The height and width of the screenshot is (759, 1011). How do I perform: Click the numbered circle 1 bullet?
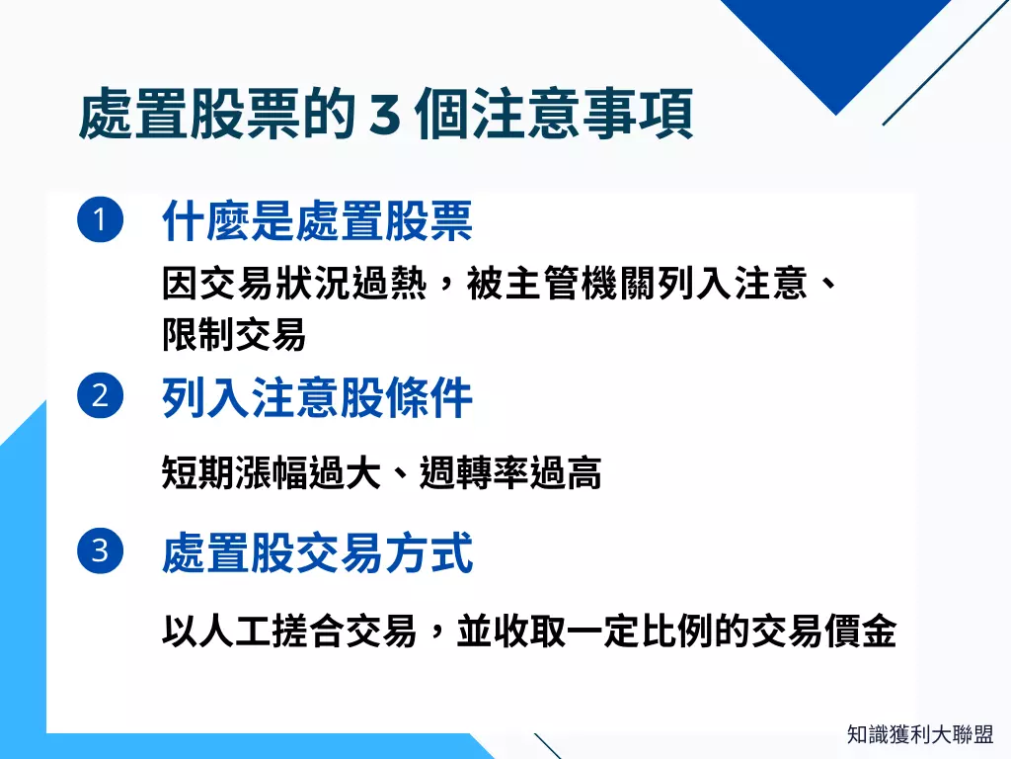(x=100, y=220)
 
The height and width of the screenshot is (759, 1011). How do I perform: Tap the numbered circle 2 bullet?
(x=100, y=396)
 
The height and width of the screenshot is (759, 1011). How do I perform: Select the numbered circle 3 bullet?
(x=100, y=549)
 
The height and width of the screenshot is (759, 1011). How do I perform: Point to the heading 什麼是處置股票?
(x=317, y=222)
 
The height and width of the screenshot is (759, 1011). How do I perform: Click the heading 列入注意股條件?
(x=317, y=399)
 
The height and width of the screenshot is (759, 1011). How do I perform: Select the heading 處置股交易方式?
(x=317, y=553)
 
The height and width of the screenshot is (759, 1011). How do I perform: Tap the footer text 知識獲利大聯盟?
(x=920, y=734)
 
